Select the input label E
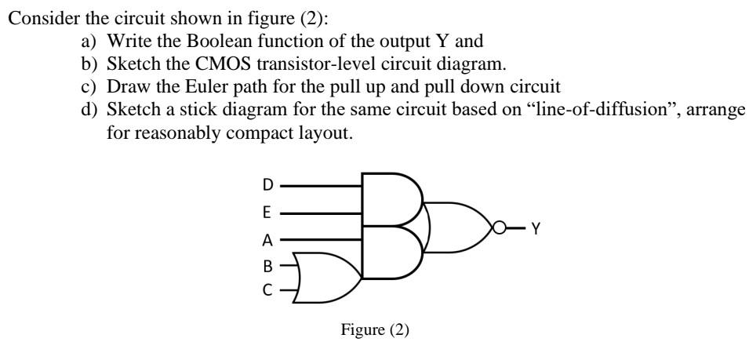pos(267,213)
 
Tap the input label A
pos(267,239)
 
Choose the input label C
pos(267,290)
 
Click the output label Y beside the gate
pos(536,228)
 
